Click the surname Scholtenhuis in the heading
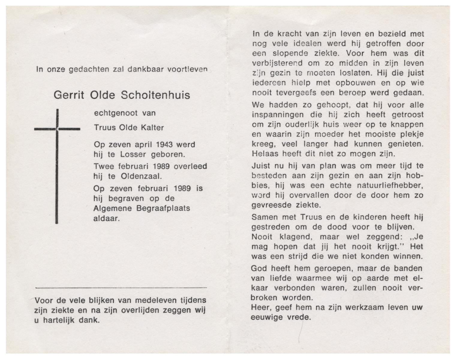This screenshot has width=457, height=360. click(x=155, y=95)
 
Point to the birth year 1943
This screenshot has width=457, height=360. click(x=164, y=145)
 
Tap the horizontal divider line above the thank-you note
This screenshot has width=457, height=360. click(x=121, y=288)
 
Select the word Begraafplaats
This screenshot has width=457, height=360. click(x=163, y=208)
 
